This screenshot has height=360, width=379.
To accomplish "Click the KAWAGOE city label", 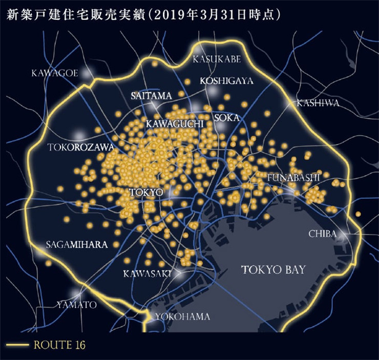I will pyautogui.click(x=54, y=73).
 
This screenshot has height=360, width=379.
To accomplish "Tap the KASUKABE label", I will pyautogui.click(x=217, y=59).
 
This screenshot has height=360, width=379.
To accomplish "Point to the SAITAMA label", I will pyautogui.click(x=151, y=96).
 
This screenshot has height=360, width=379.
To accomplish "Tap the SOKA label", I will pyautogui.click(x=226, y=118).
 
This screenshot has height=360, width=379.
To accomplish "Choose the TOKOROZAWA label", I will pyautogui.click(x=80, y=147).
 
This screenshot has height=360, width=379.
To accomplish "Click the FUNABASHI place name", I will pyautogui.click(x=293, y=177).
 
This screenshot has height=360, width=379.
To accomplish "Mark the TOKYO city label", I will pyautogui.click(x=146, y=193).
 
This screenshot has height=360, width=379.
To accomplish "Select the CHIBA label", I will pyautogui.click(x=322, y=234).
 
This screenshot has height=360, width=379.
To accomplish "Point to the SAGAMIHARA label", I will pyautogui.click(x=77, y=244).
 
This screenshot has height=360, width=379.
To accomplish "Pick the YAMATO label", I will pyautogui.click(x=76, y=305).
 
